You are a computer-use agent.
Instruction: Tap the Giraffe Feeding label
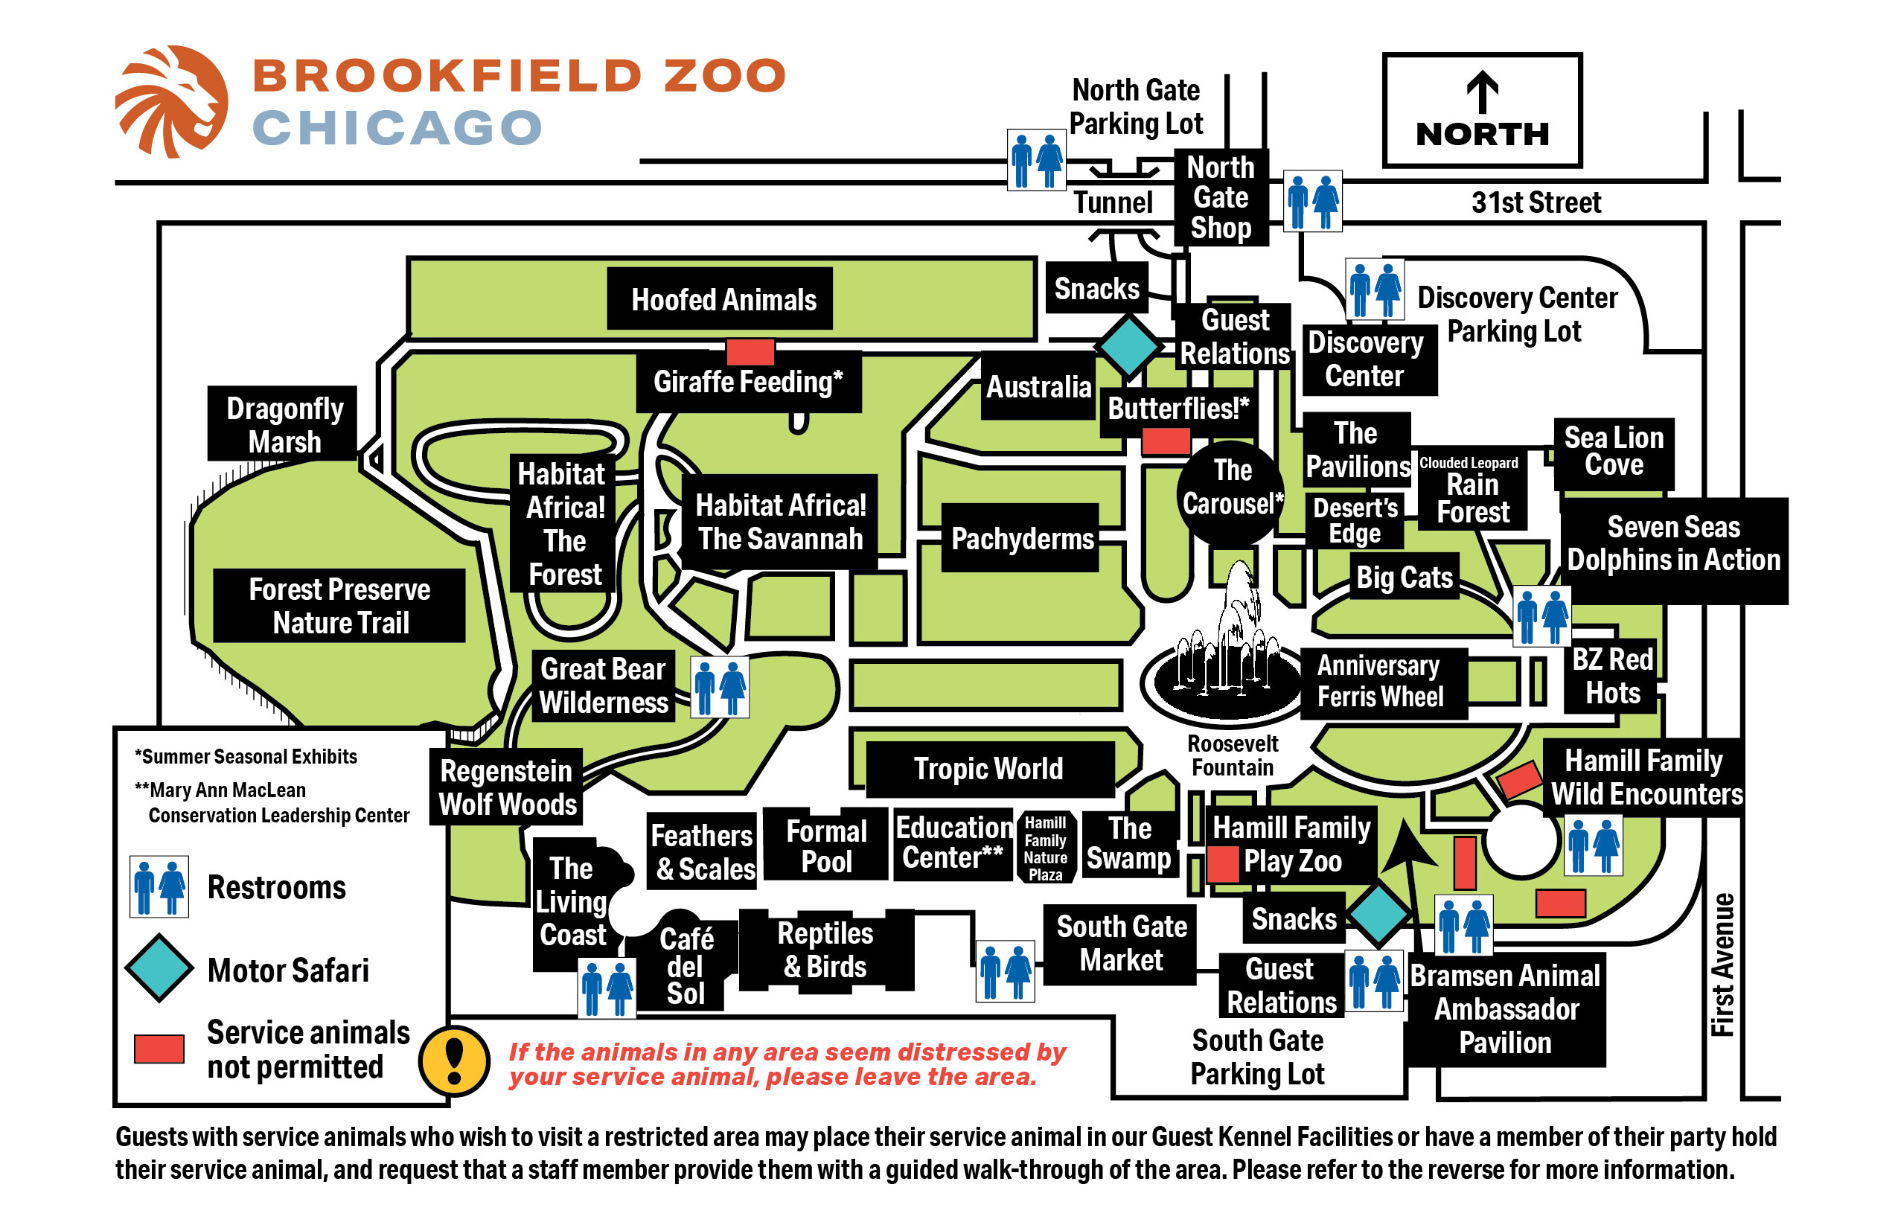[x=748, y=382]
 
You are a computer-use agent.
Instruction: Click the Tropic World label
[x=989, y=769]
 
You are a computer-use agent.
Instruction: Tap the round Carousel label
[x=1230, y=488]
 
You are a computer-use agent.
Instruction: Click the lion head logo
[x=172, y=100]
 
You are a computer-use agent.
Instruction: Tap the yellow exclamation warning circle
[x=454, y=1061]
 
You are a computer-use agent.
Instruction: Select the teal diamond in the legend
[x=159, y=968]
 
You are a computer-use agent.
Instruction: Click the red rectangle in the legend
[x=159, y=1048]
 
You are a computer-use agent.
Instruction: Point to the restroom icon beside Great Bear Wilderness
[x=718, y=686]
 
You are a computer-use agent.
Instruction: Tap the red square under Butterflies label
[x=1165, y=441]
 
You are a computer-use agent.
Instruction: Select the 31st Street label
[x=1535, y=202]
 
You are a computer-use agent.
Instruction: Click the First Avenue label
[x=1722, y=964]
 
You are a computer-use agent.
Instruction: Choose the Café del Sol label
[x=686, y=966]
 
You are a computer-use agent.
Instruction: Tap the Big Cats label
[x=1404, y=577]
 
